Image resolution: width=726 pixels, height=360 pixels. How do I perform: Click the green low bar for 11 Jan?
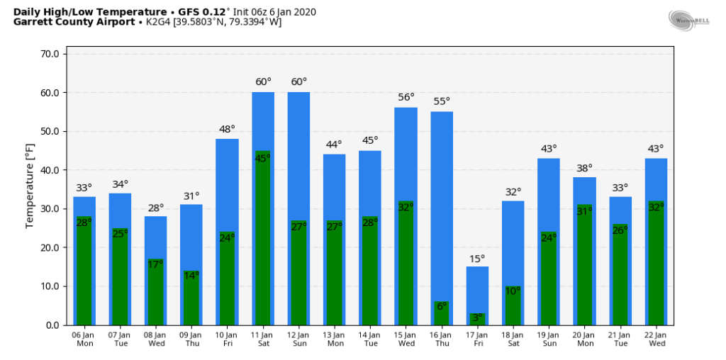262,241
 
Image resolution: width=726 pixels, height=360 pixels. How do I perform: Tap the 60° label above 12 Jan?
298,81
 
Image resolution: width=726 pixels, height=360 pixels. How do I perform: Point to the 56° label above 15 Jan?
406,97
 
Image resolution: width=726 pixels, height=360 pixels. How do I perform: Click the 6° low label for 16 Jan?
441,306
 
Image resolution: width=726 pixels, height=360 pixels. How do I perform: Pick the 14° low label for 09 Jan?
191,276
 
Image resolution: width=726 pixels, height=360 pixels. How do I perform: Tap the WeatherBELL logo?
689,19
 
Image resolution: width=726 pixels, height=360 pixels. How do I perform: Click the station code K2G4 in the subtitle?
154,22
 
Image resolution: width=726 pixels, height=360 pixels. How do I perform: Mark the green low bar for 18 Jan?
513,308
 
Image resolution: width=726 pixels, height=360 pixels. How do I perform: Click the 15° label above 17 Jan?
477,259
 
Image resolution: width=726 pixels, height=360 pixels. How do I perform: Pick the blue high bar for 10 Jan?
227,184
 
